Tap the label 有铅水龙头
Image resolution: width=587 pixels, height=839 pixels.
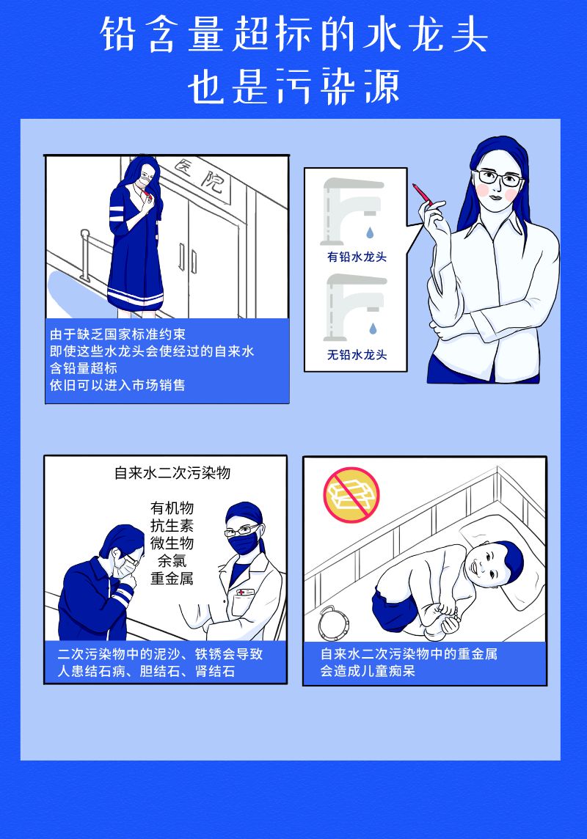(357, 257)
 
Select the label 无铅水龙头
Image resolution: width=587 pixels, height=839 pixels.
(357, 355)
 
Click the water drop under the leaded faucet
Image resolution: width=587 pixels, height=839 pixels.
(370, 232)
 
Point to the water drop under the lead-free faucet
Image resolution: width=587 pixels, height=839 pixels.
(373, 328)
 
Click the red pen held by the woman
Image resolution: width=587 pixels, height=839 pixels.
(422, 195)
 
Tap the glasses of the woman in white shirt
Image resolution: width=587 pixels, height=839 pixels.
(497, 177)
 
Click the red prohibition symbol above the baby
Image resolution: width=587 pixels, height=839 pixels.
(351, 495)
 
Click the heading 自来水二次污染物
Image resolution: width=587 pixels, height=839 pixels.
(172, 473)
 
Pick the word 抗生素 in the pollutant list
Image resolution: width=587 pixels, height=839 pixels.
(172, 525)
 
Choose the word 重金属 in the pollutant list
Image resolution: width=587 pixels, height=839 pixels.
(172, 579)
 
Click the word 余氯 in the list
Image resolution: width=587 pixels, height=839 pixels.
(172, 561)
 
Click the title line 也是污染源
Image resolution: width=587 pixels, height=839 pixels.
(293, 86)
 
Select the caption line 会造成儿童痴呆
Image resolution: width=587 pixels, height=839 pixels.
(368, 671)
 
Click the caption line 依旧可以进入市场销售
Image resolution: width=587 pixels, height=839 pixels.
(117, 385)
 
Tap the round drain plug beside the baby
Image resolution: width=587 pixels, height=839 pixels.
(333, 623)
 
